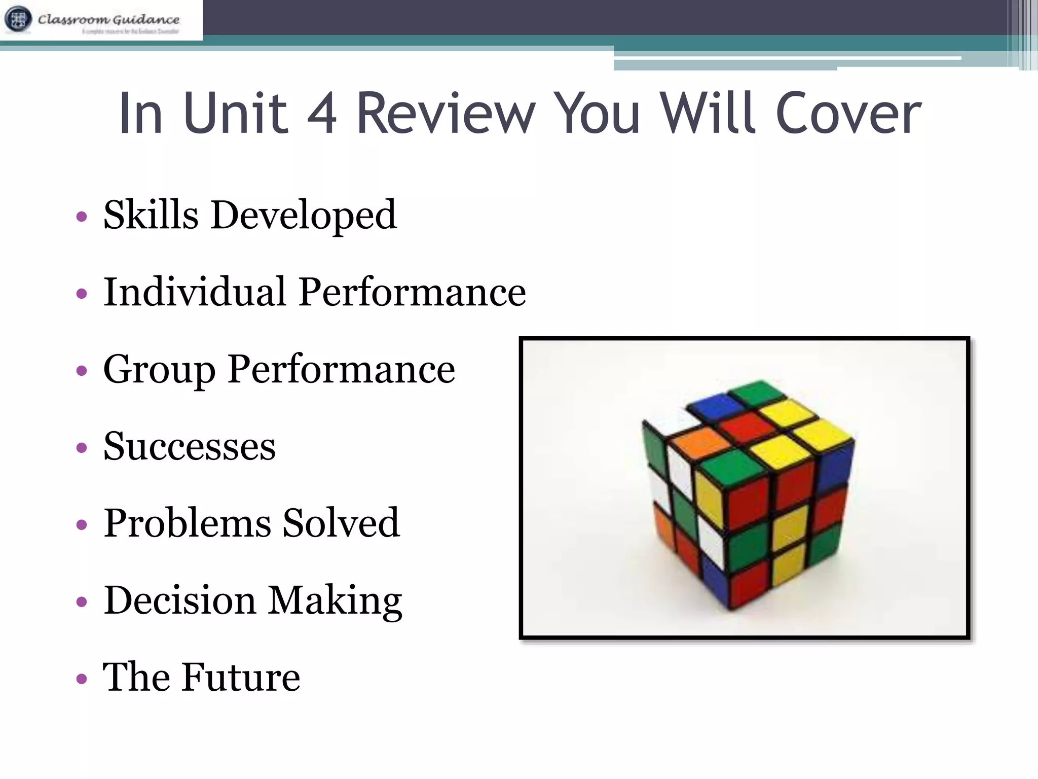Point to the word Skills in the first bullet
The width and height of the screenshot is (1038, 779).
click(x=151, y=215)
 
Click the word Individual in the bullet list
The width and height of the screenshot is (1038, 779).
click(x=195, y=292)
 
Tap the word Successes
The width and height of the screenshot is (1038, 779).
click(x=190, y=447)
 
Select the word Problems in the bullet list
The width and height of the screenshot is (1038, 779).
click(x=187, y=523)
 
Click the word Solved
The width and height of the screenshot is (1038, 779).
click(x=341, y=523)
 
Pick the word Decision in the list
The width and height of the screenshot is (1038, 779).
click(x=179, y=600)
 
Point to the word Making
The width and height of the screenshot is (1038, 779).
click(x=335, y=601)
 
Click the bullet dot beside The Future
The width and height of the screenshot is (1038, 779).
click(x=81, y=679)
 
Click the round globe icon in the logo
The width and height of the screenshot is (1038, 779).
click(x=18, y=19)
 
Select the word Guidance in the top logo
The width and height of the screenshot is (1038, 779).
click(x=146, y=20)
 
